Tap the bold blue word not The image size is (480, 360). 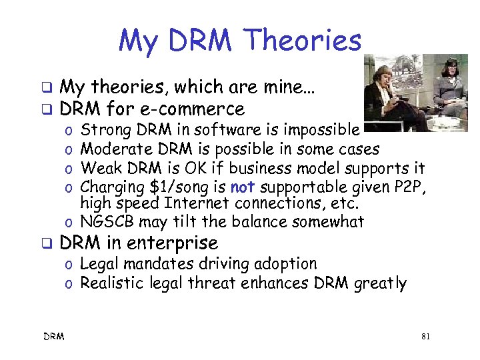[242, 187]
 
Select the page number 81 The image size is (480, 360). [426, 337]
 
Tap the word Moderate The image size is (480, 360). [114, 149]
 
